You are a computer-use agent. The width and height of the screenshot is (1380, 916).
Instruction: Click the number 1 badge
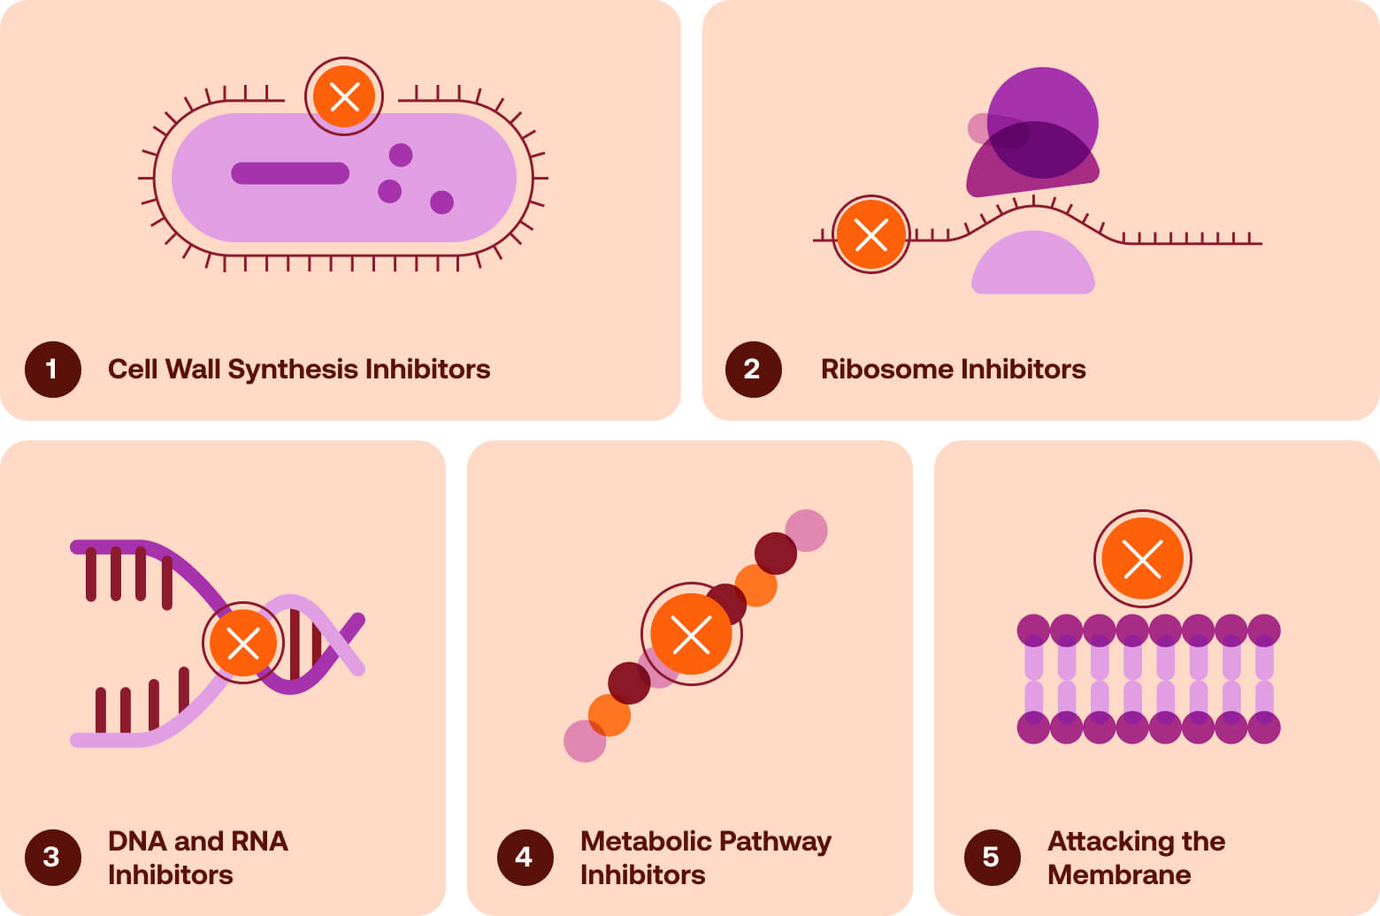click(52, 369)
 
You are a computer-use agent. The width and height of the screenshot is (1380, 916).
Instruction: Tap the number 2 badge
click(753, 369)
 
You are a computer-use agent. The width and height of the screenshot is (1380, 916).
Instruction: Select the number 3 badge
click(52, 857)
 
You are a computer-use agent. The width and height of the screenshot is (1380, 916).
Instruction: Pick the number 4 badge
click(525, 857)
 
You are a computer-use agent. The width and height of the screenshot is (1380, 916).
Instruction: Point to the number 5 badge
click(992, 857)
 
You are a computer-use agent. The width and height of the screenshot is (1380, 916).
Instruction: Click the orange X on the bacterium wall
click(344, 96)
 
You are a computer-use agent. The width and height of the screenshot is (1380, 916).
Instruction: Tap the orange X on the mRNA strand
click(871, 234)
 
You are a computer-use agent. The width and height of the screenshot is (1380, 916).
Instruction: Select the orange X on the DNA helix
click(243, 643)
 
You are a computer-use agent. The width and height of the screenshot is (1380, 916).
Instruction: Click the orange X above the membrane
click(1142, 559)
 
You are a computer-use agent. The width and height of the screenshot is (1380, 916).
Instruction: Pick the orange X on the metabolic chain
click(691, 634)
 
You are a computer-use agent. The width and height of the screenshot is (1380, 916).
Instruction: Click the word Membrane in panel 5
click(1118, 874)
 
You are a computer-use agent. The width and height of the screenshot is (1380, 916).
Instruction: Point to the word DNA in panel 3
click(136, 841)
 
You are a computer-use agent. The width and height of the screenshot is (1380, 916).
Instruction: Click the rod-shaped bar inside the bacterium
click(290, 173)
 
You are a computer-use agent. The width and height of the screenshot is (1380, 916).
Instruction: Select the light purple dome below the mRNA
click(1033, 265)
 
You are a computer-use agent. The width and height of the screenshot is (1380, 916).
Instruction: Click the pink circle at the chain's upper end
click(807, 530)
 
